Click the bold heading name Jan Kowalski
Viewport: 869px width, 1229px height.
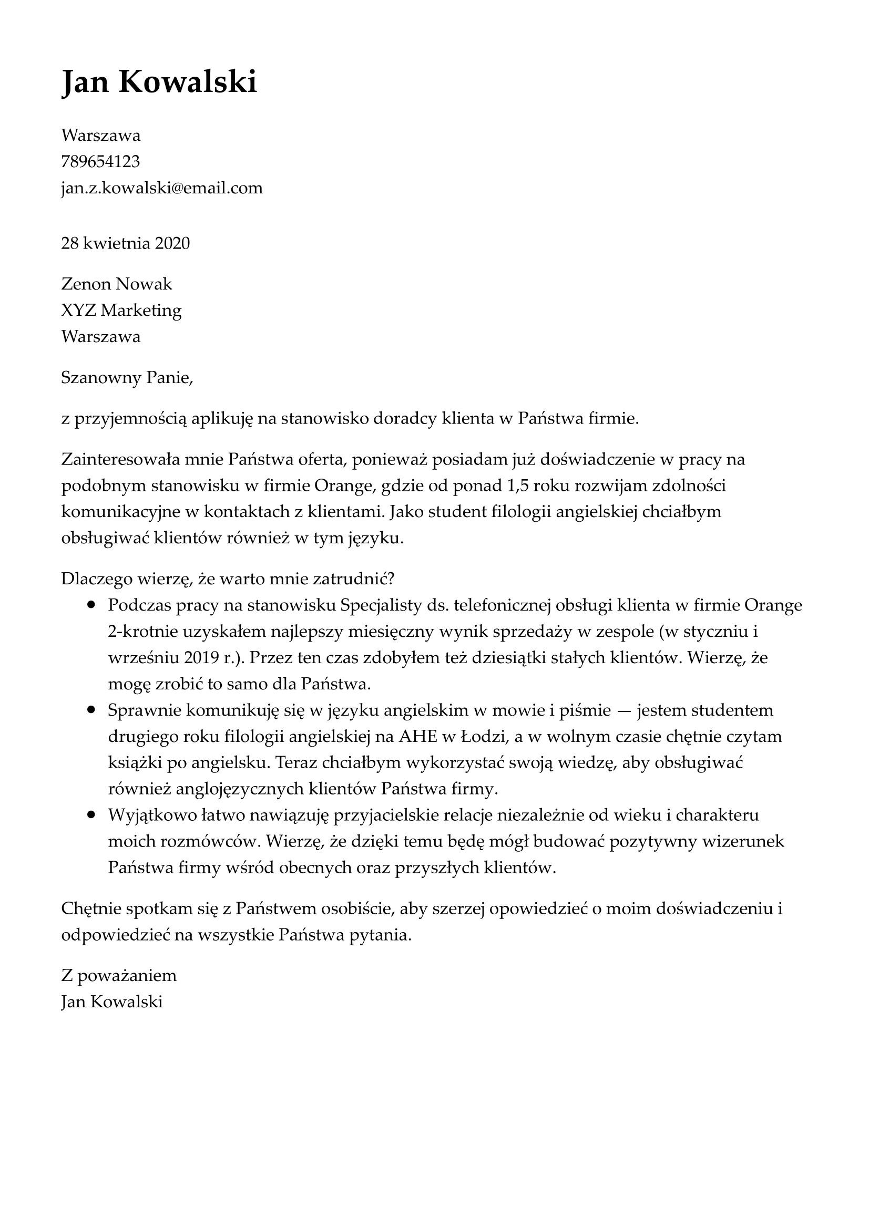159,82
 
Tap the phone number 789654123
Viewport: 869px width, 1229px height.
100,161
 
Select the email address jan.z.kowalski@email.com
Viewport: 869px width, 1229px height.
162,188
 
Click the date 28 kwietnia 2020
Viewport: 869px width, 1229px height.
125,244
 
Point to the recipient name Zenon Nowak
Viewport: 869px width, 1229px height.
117,284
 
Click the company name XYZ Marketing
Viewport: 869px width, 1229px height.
121,310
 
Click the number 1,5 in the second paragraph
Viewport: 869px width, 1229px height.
517,486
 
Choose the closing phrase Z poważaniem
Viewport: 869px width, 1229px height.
119,975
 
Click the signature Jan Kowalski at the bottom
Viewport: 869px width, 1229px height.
112,1001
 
